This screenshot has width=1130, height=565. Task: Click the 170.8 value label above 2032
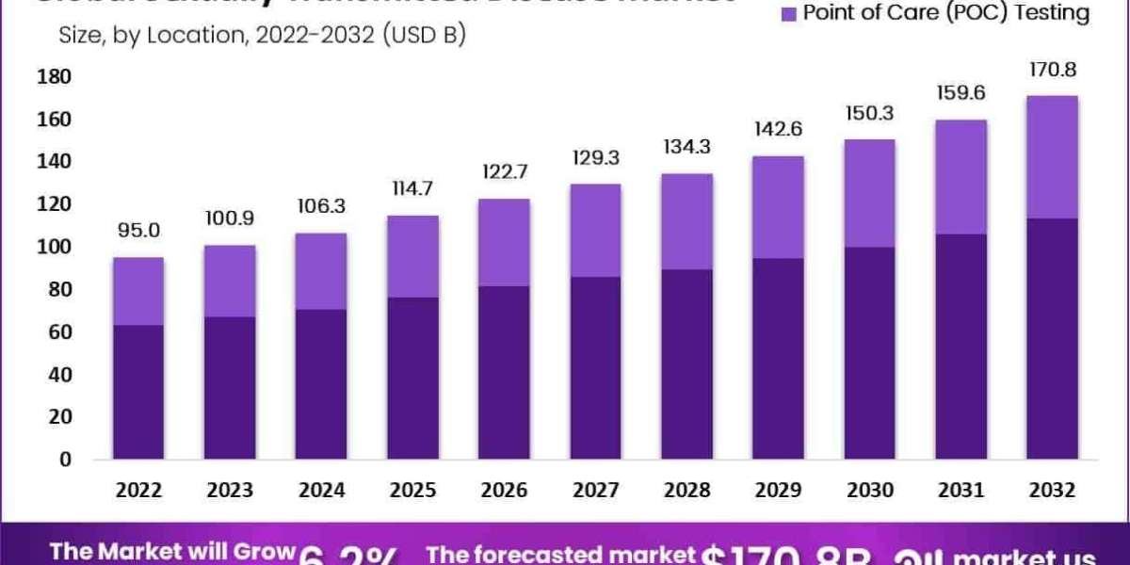pos(1052,70)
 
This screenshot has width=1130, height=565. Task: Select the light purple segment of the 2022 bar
pos(138,291)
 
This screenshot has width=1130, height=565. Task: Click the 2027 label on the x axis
pos(595,491)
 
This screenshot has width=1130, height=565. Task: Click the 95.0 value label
pos(138,232)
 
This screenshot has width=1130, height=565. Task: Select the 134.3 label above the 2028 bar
pos(686,148)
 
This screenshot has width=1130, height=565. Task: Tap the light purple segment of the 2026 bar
pos(504,242)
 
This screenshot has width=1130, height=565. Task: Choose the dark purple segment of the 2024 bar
pos(321,384)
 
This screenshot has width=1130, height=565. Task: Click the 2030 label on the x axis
pos(869,491)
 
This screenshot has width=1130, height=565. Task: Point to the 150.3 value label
pos(869,114)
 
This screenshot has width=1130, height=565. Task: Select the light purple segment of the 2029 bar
pos(778,207)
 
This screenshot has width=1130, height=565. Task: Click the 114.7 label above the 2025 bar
pos(412,189)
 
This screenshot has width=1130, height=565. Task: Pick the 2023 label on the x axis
pos(230,491)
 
